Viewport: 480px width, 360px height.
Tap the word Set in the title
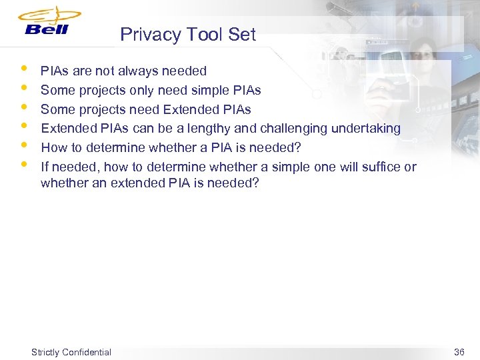[242, 35]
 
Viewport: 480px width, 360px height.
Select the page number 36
[459, 352]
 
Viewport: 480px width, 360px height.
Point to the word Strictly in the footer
[45, 352]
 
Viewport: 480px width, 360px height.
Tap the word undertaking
[369, 128]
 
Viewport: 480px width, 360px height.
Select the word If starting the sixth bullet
[44, 167]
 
